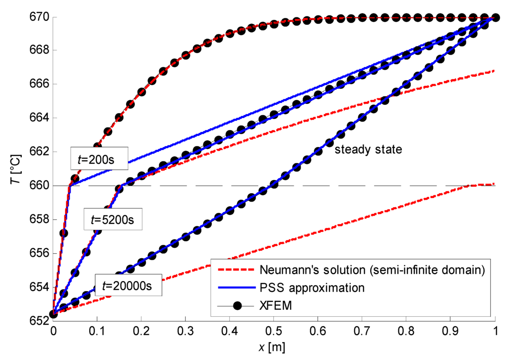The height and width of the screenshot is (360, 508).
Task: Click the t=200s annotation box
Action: tap(99, 156)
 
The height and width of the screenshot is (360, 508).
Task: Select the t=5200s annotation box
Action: tap(113, 218)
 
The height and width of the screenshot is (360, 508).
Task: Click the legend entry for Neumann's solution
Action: tap(371, 270)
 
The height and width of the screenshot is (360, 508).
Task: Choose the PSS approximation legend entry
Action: tap(313, 288)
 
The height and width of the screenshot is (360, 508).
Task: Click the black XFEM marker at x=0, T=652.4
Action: tap(53, 313)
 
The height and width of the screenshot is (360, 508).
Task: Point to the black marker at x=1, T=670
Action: tap(495, 17)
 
